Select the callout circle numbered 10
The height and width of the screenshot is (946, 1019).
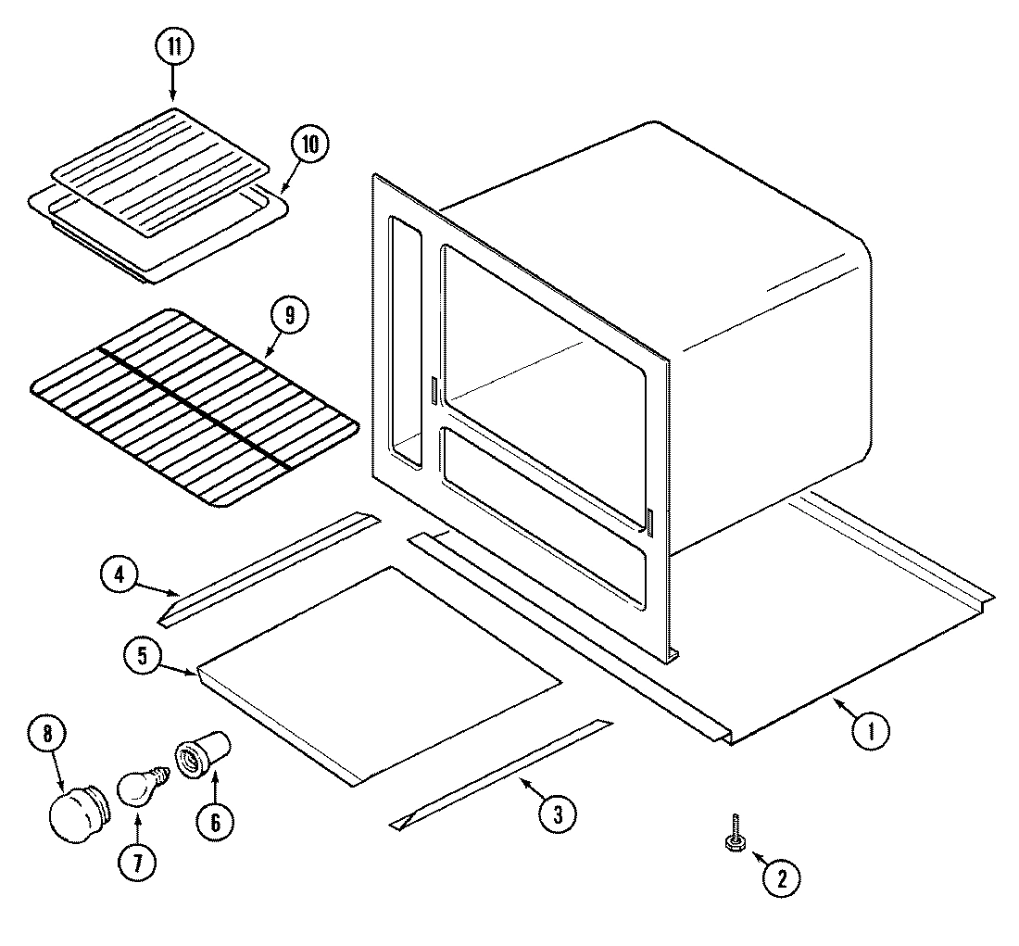click(x=309, y=145)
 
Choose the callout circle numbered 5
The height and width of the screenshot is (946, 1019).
click(x=142, y=656)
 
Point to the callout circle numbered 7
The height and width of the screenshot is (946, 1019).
click(x=136, y=862)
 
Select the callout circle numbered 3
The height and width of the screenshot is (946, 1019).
click(x=557, y=814)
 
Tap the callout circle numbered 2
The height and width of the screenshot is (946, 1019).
click(x=780, y=876)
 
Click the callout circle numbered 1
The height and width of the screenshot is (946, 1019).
click(x=870, y=732)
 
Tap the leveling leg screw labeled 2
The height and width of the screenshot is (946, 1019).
click(x=734, y=834)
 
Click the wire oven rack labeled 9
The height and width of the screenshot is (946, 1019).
click(x=195, y=408)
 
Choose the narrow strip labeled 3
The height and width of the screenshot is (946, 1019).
click(x=500, y=771)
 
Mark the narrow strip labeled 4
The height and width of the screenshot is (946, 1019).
click(x=269, y=567)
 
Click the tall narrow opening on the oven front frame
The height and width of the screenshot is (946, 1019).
click(x=405, y=343)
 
